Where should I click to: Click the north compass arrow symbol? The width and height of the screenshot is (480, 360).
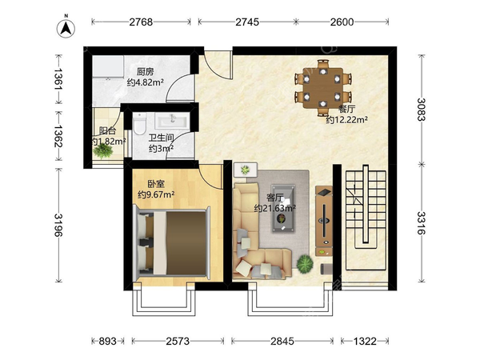click(x=66, y=29)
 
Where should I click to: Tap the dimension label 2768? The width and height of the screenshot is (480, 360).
click(x=141, y=22)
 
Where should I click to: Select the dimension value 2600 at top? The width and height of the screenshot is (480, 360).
click(x=342, y=22)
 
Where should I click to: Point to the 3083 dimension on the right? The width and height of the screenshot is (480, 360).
click(x=422, y=110)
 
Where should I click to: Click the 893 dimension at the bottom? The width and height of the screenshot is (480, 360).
click(x=108, y=341)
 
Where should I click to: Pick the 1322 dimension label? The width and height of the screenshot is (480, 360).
click(x=365, y=341)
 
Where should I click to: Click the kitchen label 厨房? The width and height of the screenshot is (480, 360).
click(x=145, y=72)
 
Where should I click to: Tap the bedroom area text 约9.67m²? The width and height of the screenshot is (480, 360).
click(x=156, y=194)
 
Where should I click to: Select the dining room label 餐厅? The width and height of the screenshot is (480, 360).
click(x=346, y=110)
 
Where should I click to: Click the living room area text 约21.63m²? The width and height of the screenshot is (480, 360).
click(x=274, y=208)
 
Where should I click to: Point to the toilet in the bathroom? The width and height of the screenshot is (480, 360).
click(x=140, y=124)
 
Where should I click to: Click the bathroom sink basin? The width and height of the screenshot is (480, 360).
click(x=172, y=120)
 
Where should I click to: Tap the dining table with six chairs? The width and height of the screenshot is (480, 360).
click(x=322, y=88)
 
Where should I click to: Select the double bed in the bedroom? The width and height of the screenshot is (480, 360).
click(x=172, y=242)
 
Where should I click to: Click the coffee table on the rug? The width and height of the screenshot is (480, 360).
click(x=283, y=209)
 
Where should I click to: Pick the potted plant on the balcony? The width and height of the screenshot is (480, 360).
click(x=103, y=150)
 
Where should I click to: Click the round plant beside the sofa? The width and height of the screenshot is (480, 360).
click(x=305, y=264)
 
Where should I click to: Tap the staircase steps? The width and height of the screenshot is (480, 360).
click(x=366, y=220)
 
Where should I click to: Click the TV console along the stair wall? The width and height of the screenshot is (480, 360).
click(x=324, y=221)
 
